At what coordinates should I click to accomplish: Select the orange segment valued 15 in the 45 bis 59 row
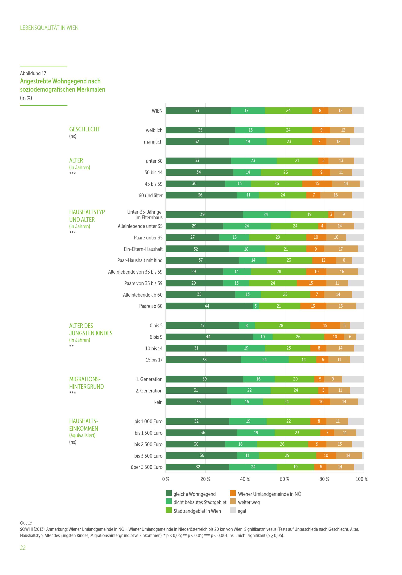[317, 184]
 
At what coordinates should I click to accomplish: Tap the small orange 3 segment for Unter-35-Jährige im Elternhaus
[331, 214]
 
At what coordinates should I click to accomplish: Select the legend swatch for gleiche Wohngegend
[169, 493]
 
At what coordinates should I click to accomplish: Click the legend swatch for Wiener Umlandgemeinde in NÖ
[233, 493]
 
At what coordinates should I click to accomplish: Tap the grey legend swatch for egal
[233, 510]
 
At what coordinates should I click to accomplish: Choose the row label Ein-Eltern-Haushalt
[143, 249]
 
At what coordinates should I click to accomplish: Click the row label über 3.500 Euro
[147, 467]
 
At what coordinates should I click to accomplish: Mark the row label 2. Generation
[149, 391]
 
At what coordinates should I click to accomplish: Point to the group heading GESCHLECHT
[85, 129]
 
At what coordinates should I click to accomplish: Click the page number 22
[23, 548]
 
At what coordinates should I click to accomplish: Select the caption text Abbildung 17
[33, 73]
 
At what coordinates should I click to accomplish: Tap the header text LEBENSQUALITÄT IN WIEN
[49, 28]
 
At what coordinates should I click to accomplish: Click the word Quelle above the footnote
[26, 523]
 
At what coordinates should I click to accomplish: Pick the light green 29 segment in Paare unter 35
[277, 237]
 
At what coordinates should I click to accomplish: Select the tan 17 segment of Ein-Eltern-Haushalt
[341, 249]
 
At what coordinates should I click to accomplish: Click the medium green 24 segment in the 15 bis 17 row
[265, 360]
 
